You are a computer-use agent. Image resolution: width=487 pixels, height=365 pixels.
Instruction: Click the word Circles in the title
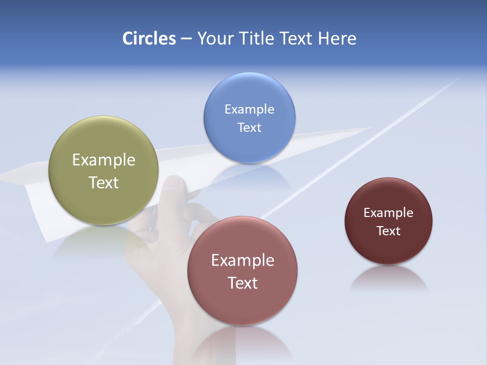pos(149,39)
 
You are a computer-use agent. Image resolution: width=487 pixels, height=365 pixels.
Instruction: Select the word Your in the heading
pos(214,39)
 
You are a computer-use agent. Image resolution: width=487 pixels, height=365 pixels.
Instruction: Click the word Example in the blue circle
pos(249,109)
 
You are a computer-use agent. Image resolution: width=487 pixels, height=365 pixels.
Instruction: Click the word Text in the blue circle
pos(249,127)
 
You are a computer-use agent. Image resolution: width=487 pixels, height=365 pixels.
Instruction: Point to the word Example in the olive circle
pos(103,160)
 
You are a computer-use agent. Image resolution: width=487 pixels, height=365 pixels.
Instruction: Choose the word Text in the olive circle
pos(103,182)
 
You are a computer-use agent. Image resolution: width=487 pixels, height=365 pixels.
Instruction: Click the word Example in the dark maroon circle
pos(388,212)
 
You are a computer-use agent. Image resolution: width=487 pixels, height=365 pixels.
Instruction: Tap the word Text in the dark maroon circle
pos(388,231)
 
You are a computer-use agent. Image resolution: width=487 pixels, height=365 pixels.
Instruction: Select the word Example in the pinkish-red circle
pos(242,260)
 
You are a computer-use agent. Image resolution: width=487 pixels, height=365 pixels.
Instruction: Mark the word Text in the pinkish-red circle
pos(242,283)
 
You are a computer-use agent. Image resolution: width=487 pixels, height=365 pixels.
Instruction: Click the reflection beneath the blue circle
pos(249,175)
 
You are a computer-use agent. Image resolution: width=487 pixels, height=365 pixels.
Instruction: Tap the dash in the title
pos(186,39)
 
